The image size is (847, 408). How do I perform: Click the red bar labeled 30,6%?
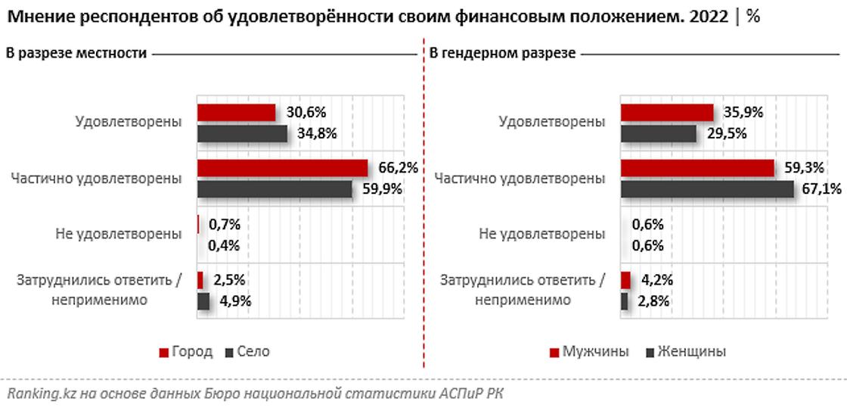click(236, 113)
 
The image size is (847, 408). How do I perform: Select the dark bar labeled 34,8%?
click(242, 133)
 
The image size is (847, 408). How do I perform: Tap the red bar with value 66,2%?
click(282, 168)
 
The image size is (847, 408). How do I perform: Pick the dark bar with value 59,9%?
click(275, 188)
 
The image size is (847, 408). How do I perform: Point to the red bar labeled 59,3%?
click(697, 168)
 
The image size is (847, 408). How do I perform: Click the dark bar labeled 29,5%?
click(658, 133)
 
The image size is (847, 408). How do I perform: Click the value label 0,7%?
click(225, 224)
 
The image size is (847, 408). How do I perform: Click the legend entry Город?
click(186, 352)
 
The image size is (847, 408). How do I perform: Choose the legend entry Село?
click(246, 352)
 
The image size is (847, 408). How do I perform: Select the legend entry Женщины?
click(684, 352)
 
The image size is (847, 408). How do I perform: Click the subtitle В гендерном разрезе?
click(502, 54)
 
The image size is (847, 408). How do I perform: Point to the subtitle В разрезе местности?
click(76, 54)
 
